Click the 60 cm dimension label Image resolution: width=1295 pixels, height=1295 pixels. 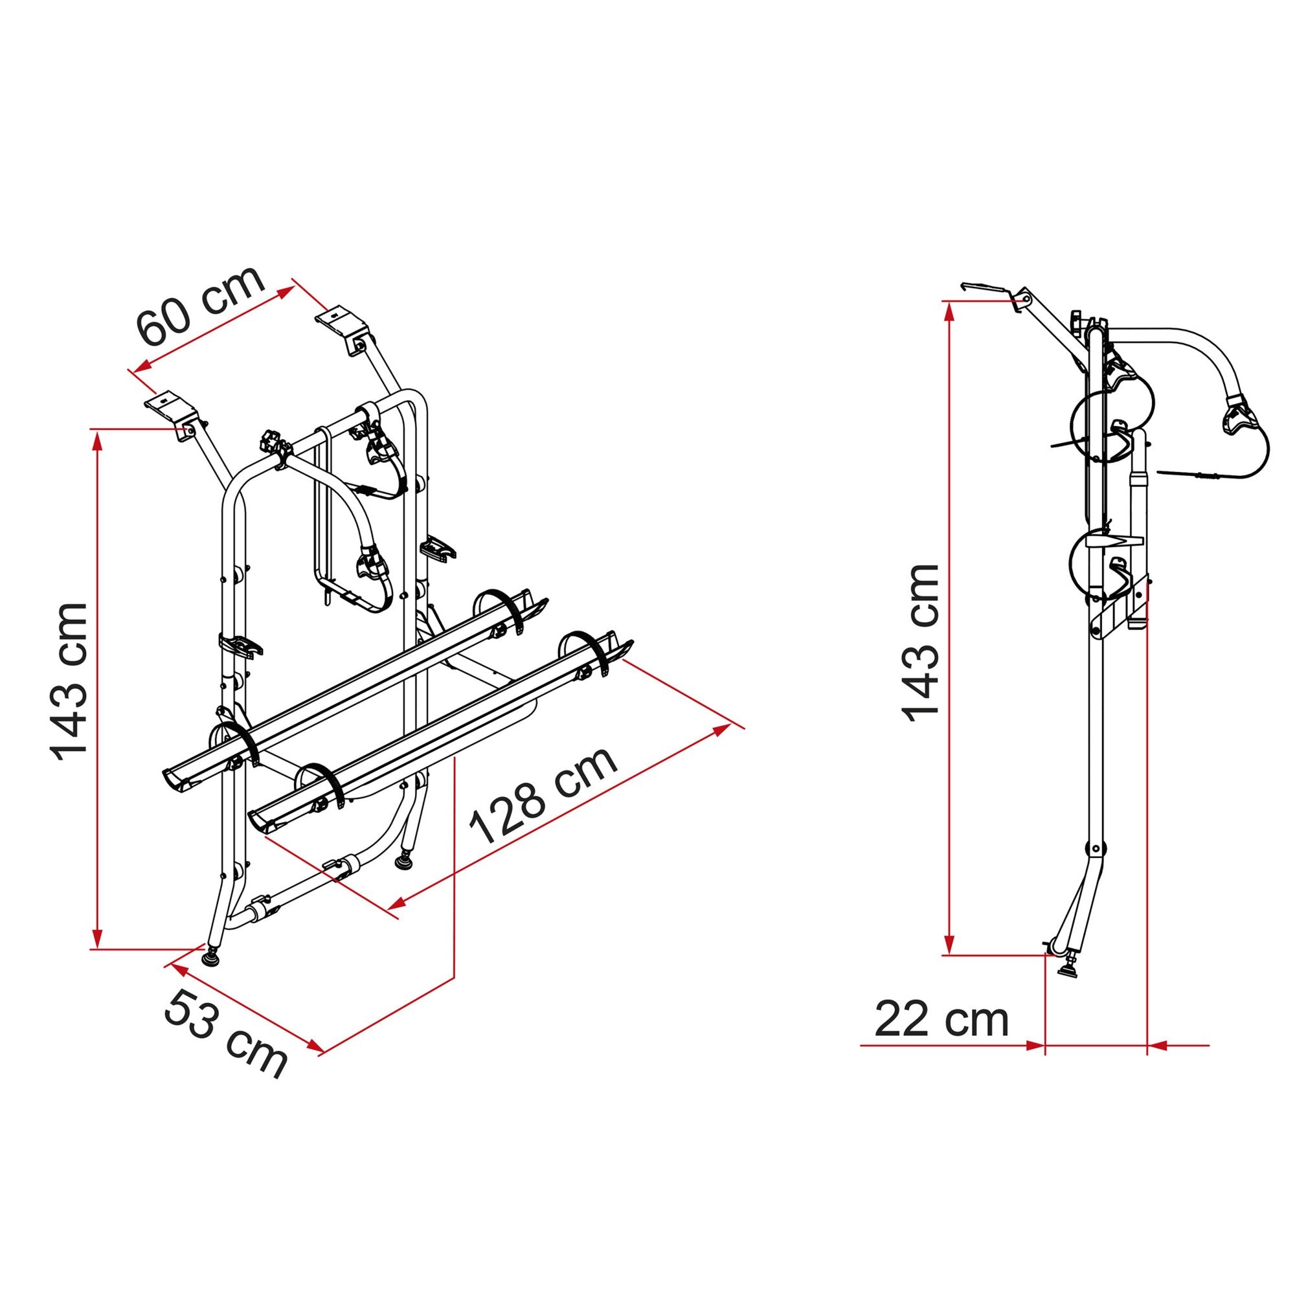coord(201,306)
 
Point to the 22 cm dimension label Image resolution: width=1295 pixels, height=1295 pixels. coord(941,1020)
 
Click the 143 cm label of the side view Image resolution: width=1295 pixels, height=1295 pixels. coord(922,642)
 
